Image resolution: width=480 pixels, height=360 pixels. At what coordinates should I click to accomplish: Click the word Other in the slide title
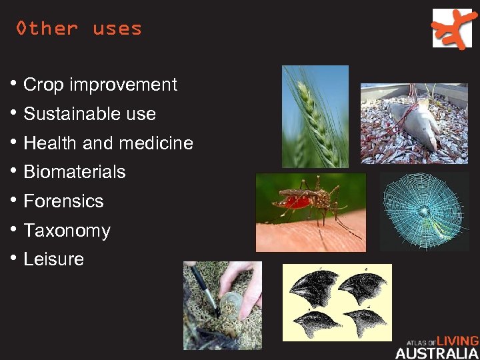[47, 29]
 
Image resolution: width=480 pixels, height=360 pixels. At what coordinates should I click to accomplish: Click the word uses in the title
[117, 29]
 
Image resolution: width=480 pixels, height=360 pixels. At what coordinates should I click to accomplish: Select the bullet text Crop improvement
[100, 85]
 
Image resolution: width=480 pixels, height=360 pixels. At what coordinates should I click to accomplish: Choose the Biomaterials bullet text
[74, 172]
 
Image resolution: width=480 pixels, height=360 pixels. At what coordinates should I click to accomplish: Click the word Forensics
[63, 201]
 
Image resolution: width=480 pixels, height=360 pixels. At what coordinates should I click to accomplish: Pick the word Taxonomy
[67, 231]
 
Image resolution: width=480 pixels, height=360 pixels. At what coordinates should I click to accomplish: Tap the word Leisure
[53, 259]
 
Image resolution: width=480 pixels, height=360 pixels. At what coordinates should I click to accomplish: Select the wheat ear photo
[315, 116]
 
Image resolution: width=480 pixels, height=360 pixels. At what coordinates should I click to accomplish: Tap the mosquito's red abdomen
[296, 201]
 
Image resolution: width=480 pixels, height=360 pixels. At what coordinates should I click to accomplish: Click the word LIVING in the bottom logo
[457, 341]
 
